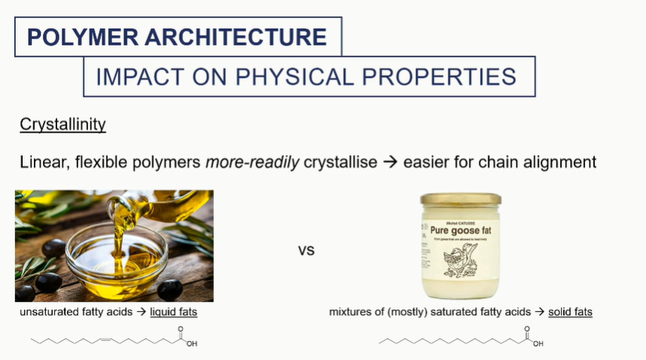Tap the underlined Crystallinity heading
62,124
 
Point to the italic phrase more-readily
252,162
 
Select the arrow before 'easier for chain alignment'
390,162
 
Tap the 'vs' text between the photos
306,251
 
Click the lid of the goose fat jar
460,200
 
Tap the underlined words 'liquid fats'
173,311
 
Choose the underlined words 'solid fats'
570,311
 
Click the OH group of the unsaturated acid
191,344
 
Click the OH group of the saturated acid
538,344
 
